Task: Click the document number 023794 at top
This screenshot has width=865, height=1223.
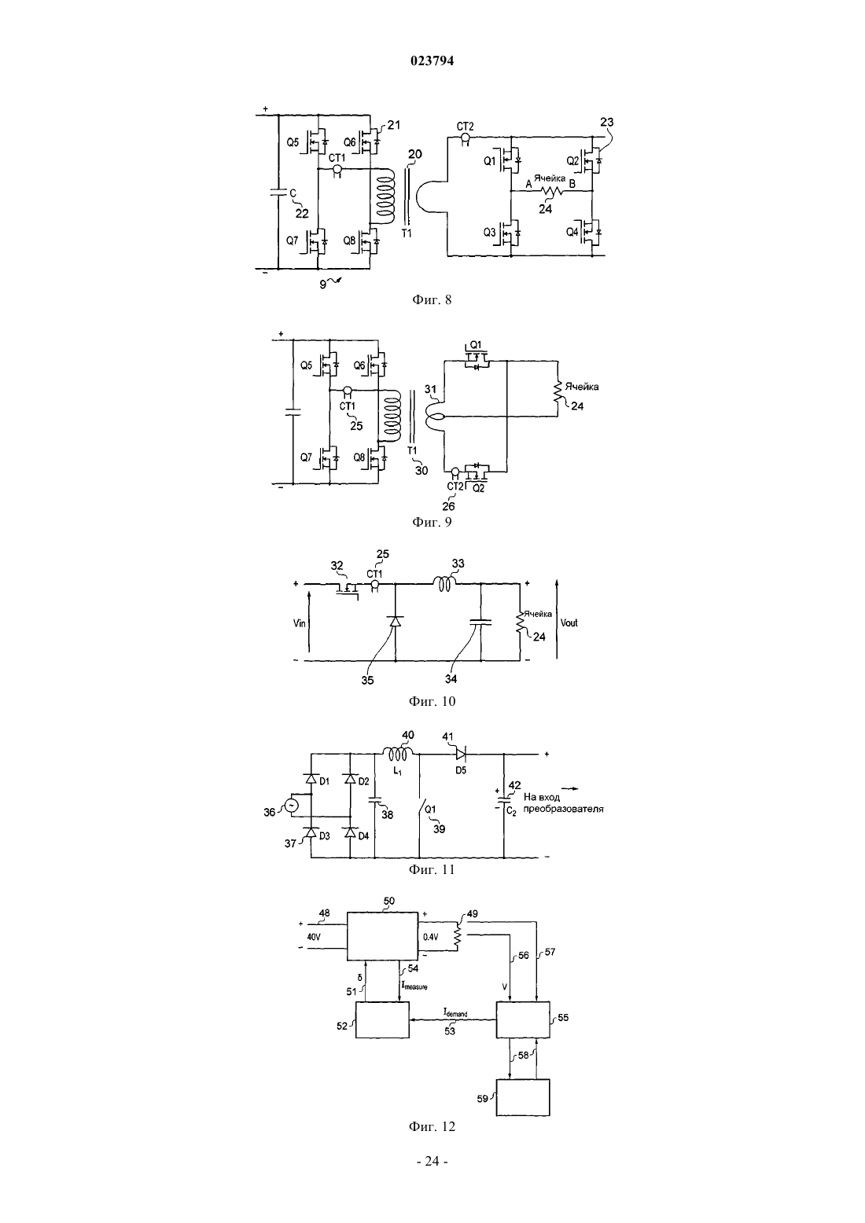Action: click(432, 61)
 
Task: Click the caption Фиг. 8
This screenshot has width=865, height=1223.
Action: click(432, 299)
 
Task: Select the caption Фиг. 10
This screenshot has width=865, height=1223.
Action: click(432, 701)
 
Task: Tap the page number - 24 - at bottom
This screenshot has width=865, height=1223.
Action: click(432, 1161)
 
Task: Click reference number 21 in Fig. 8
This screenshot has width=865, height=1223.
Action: click(394, 125)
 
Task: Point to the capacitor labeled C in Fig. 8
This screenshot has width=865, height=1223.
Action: click(278, 193)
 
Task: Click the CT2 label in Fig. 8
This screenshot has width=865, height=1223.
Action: click(466, 127)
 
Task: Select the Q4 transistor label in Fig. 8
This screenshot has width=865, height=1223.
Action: click(572, 232)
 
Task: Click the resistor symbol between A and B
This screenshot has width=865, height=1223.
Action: click(551, 190)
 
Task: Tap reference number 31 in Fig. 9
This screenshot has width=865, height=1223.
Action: click(431, 389)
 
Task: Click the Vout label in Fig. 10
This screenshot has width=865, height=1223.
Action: click(569, 623)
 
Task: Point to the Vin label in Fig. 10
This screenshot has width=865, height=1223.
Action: click(300, 623)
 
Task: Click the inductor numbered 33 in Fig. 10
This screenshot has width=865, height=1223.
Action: click(445, 584)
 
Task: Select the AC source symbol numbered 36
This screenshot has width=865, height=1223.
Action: click(290, 806)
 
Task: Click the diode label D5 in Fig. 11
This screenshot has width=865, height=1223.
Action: click(461, 771)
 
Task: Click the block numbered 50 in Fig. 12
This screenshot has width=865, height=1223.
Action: click(383, 936)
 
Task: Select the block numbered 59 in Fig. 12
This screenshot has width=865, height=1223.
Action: click(523, 1097)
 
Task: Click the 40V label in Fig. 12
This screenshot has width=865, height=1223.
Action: click(314, 937)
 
